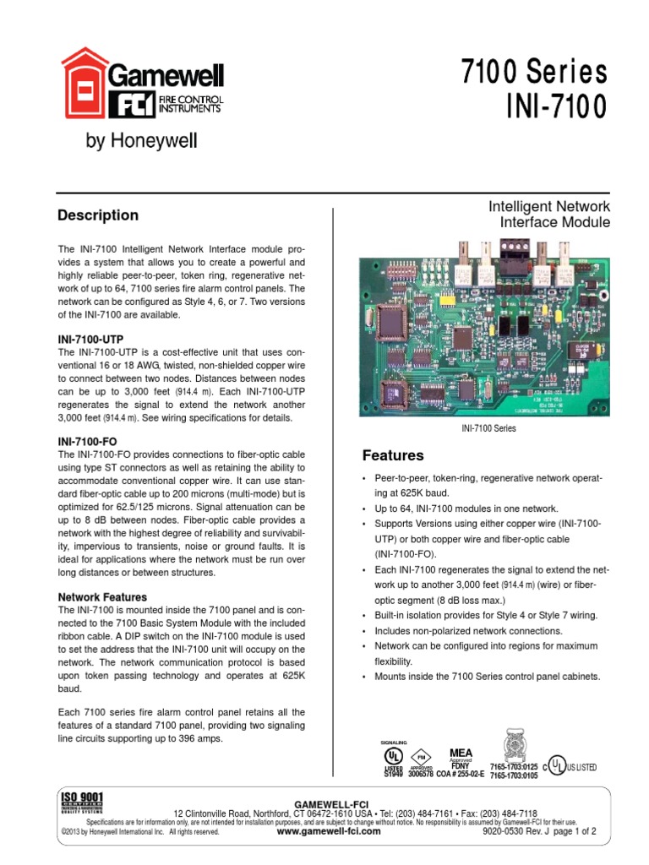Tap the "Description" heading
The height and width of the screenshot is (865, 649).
point(98,215)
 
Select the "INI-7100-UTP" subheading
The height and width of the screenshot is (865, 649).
point(95,338)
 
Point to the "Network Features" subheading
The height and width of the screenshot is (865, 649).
point(102,596)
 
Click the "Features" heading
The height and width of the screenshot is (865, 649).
point(393,455)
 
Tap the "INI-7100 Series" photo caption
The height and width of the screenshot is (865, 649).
point(488,428)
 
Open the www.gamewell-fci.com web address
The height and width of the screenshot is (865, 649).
point(329,831)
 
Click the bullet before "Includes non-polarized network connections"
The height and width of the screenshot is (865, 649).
point(364,631)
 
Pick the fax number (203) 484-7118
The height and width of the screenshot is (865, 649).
point(504,813)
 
